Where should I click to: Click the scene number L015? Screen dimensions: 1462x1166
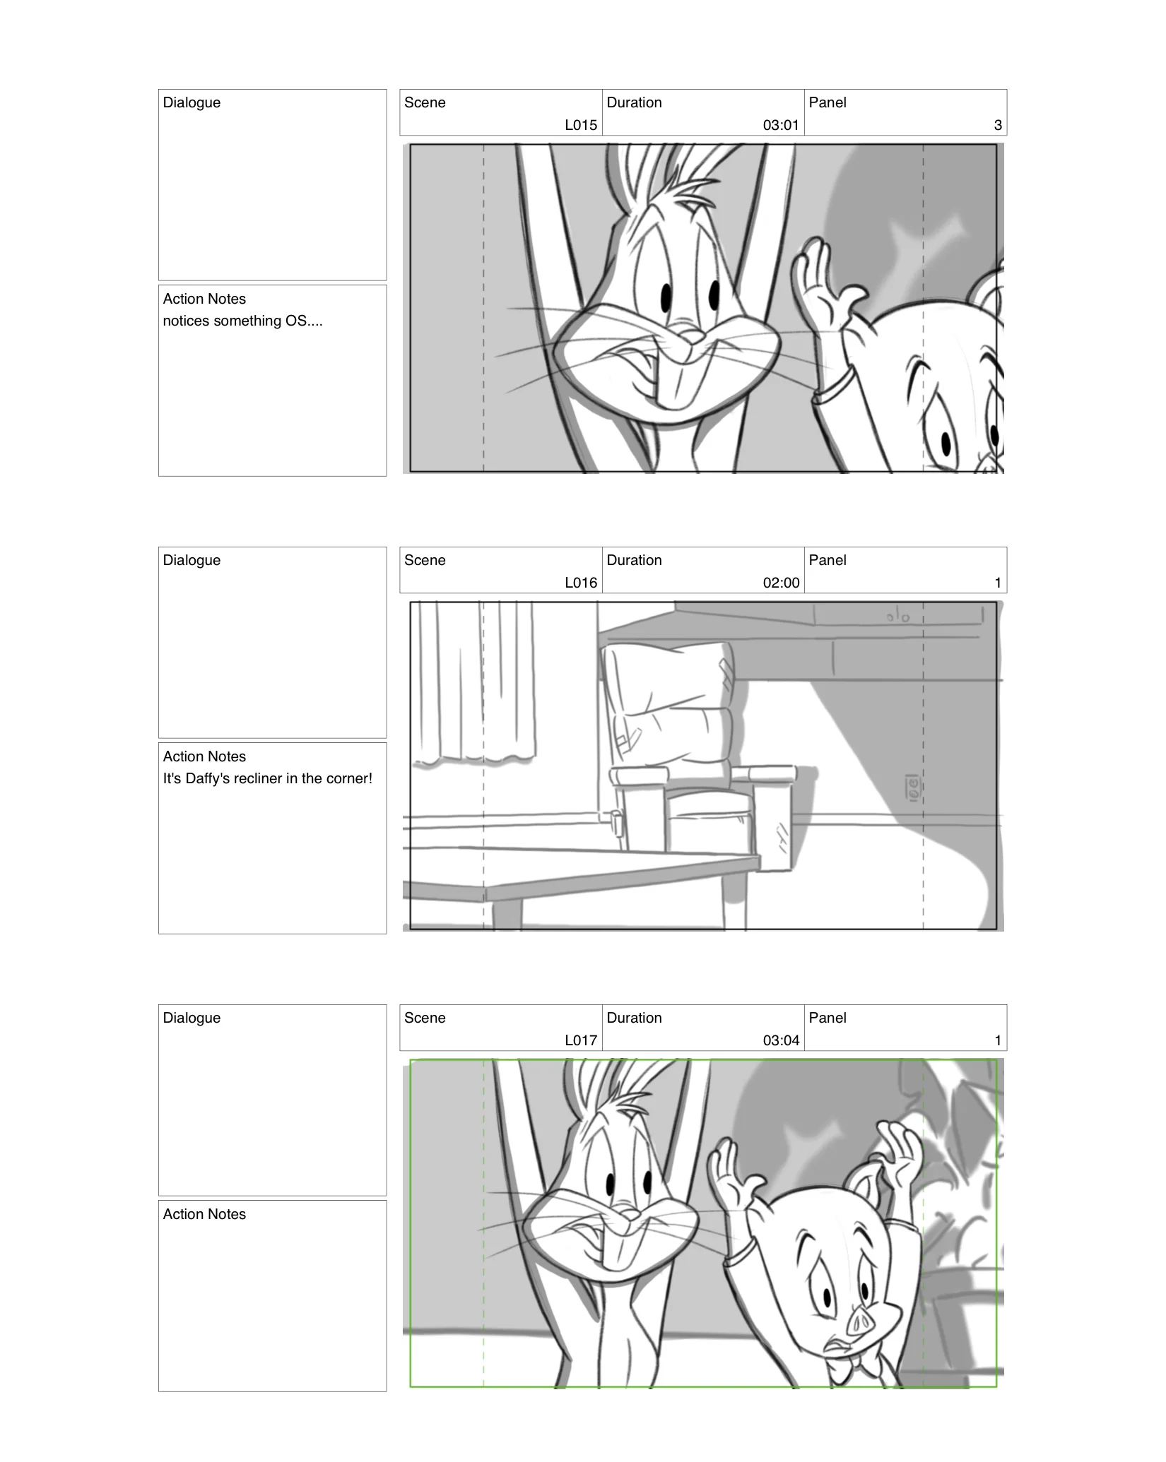coord(581,125)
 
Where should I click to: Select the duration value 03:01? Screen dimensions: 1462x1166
coord(781,125)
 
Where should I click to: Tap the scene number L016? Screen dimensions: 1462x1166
coord(581,583)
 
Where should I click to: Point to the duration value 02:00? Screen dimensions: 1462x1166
coord(781,583)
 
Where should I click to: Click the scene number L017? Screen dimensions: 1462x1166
coord(581,1040)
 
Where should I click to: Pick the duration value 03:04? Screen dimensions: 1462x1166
coord(781,1040)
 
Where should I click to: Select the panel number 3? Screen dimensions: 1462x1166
coord(998,125)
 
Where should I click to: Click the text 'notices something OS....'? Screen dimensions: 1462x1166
coord(242,321)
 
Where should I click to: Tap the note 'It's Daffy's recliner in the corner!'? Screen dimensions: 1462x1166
coord(267,778)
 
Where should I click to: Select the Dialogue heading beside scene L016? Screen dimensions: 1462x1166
coord(192,560)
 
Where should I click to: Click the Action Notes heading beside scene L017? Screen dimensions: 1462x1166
coord(204,1214)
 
